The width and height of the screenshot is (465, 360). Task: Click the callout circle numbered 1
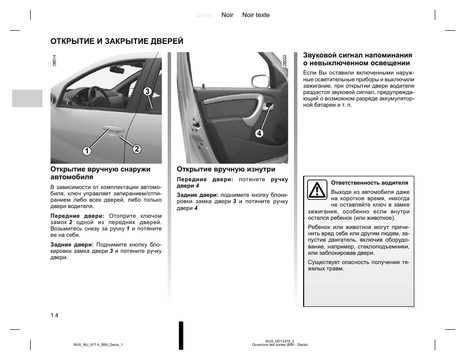coord(87,151)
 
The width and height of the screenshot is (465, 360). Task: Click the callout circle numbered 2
coord(136,149)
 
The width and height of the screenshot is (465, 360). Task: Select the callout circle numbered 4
coord(259,133)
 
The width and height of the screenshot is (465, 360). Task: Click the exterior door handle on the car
coord(112,130)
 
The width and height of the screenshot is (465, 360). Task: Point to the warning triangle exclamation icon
coord(317,189)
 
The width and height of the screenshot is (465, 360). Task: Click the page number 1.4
coord(54,315)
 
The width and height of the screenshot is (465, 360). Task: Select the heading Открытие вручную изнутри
coord(226,169)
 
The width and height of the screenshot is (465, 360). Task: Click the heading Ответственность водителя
coord(369,183)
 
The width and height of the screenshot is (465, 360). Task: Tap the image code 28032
coord(284,60)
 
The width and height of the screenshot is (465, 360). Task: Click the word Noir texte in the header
coord(256,15)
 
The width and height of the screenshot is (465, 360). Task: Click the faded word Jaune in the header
coord(204,15)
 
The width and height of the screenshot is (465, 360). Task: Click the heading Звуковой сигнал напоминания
coord(358,56)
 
